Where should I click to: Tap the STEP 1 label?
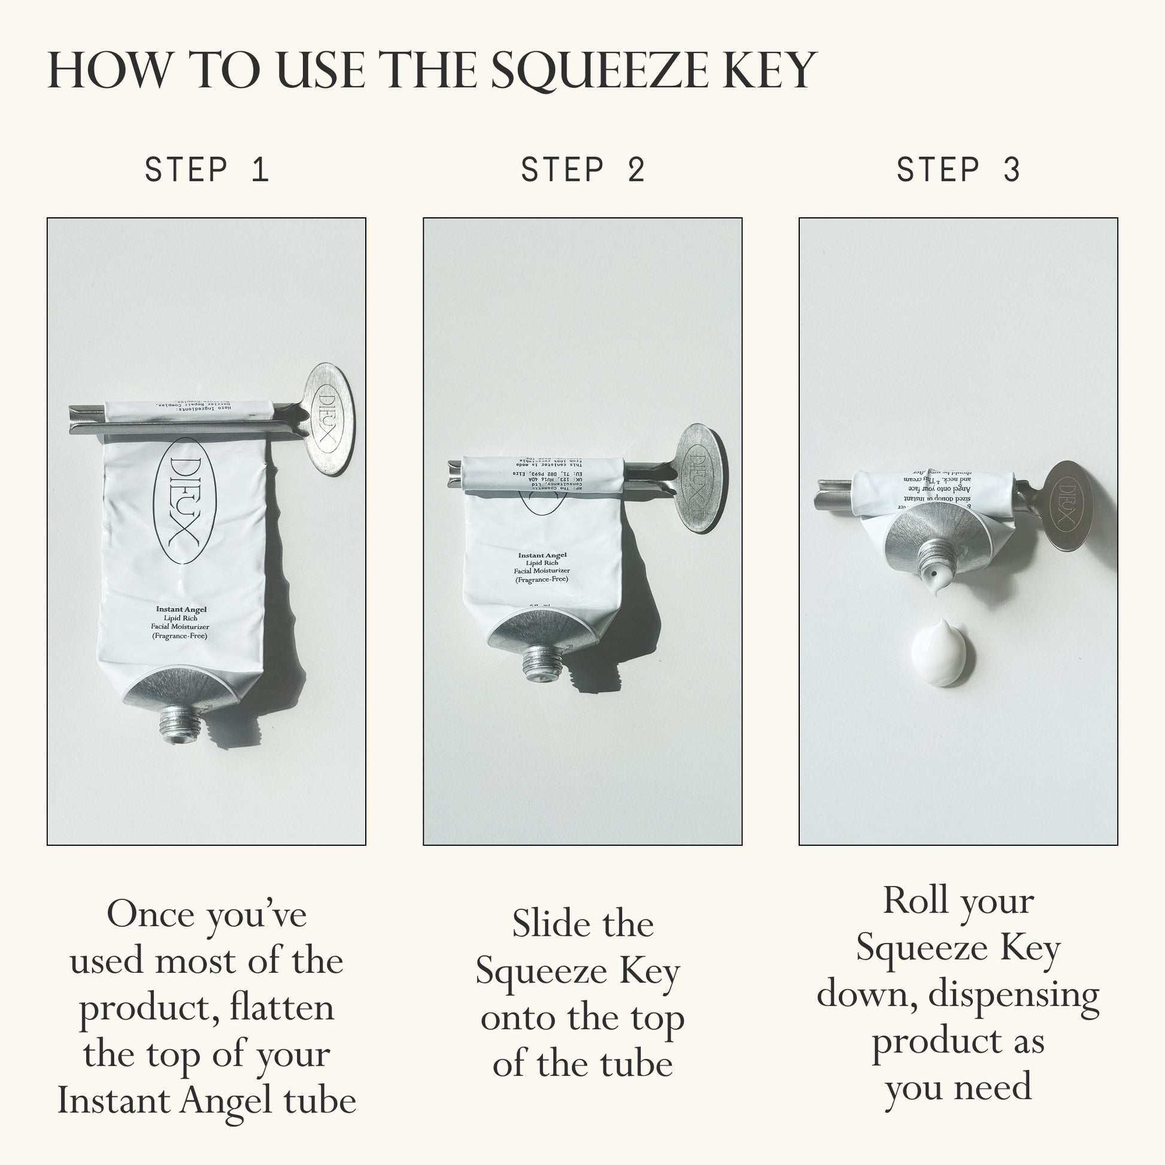click(x=206, y=169)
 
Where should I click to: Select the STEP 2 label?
click(x=582, y=169)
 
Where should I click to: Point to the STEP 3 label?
click(x=958, y=169)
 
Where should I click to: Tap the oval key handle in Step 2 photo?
click(x=699, y=478)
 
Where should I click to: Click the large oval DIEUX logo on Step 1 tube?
click(x=184, y=501)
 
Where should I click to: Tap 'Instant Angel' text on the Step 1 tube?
click(x=181, y=609)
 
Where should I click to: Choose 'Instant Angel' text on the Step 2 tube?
click(x=542, y=556)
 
